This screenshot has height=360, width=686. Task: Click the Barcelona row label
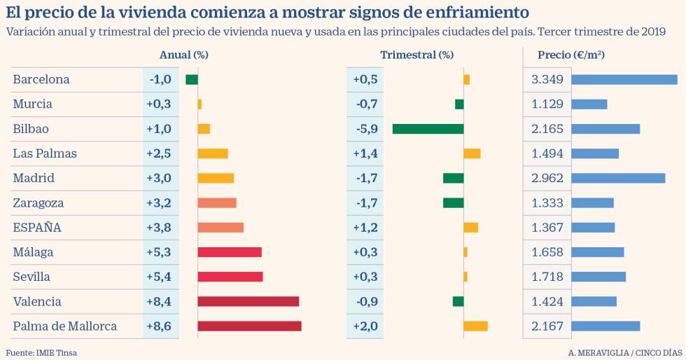point(41,80)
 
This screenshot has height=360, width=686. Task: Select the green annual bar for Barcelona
point(191,80)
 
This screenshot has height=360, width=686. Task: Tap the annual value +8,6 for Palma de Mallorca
point(159,326)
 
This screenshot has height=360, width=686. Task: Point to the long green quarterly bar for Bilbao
point(428,129)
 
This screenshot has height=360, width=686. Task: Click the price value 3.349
point(547,80)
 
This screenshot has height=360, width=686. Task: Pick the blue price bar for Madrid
point(618,178)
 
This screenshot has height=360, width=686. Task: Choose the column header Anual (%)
point(184,55)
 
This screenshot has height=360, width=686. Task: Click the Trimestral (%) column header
point(416,55)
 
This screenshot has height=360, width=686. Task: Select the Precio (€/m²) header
point(571,55)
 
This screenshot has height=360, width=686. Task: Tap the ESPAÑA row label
point(37,228)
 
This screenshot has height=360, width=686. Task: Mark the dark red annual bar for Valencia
point(248,301)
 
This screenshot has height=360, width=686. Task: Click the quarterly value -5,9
point(365,129)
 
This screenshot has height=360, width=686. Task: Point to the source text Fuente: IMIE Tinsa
point(42,353)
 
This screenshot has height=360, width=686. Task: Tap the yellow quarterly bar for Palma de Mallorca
point(475,326)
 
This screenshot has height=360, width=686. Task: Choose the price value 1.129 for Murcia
point(547,104)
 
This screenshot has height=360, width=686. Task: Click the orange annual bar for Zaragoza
point(217,203)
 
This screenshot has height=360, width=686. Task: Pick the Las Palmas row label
point(45,153)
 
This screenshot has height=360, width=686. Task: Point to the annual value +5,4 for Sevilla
point(159,277)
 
